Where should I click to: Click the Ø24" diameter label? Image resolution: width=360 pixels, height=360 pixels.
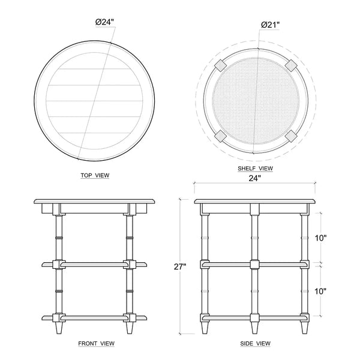(x=104, y=22)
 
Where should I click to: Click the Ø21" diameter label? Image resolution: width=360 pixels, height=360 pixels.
(x=270, y=25)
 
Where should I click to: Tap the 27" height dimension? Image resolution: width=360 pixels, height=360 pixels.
(x=180, y=266)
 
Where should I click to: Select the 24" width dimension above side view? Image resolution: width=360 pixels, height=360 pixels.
(x=255, y=178)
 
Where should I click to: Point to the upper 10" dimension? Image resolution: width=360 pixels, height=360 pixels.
(x=320, y=238)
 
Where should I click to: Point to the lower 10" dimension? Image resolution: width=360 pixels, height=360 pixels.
(x=320, y=292)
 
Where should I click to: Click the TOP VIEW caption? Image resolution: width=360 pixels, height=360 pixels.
(x=95, y=175)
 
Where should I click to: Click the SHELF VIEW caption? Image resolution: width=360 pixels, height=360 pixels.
(x=256, y=168)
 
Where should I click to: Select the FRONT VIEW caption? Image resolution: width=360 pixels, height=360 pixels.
(x=96, y=343)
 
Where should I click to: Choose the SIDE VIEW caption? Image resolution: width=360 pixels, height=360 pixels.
(x=256, y=343)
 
